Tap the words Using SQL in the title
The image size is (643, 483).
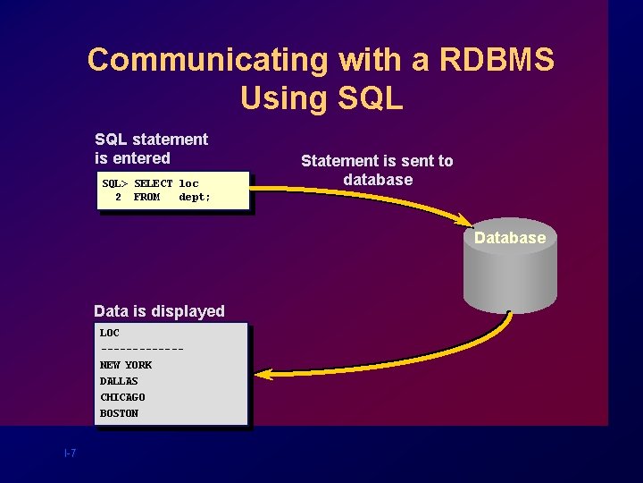[321, 97]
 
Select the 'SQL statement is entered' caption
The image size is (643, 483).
[151, 148]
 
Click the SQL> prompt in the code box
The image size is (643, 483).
[114, 183]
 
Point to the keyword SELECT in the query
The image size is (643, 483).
[153, 183]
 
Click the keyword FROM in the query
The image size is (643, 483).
[146, 197]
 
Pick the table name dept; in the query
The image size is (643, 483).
[195, 197]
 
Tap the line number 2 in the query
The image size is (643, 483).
[118, 197]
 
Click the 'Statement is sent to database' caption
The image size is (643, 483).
[377, 170]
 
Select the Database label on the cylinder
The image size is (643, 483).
[509, 238]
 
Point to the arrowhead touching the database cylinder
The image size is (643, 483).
[464, 220]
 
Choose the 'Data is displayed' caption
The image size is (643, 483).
[159, 311]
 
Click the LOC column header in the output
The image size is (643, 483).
[109, 333]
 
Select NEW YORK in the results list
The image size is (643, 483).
[125, 365]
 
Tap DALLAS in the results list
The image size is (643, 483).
[119, 381]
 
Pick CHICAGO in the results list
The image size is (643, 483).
[122, 397]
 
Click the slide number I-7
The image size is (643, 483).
[70, 453]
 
